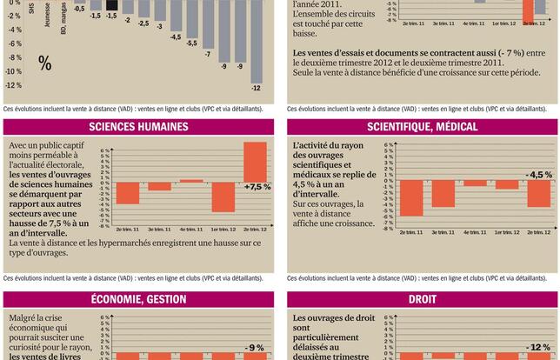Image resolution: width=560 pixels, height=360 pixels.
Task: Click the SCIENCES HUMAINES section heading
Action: point(139,127)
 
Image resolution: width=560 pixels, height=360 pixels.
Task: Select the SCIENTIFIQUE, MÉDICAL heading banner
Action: point(422,127)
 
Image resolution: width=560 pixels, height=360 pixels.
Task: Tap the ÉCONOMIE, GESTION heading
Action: point(139,301)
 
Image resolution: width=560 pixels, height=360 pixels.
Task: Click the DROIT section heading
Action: point(422,301)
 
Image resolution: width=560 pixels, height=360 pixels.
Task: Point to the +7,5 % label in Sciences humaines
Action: point(257,187)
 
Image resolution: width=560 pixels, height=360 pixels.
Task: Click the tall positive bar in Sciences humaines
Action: point(255,162)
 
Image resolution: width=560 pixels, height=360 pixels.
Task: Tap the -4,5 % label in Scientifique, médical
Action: point(539,175)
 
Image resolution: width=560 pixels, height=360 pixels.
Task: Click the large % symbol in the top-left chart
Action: point(44,63)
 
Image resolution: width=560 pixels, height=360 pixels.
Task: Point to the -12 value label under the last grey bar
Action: point(256,88)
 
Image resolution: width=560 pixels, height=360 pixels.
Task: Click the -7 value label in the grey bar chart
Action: point(208,55)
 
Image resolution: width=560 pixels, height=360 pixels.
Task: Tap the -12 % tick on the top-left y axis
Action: point(14,85)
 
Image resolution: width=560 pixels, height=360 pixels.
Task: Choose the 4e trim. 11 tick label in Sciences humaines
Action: point(191,229)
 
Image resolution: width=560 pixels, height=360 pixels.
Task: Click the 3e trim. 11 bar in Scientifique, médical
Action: point(443,195)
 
